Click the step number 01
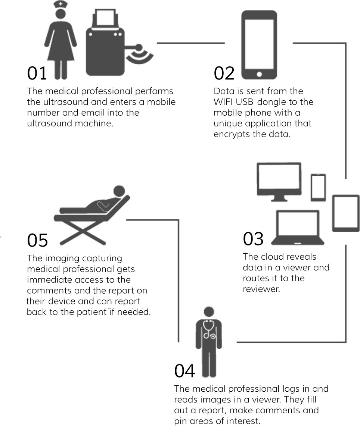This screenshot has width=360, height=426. [x=37, y=73]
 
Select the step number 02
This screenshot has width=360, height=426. [x=224, y=73]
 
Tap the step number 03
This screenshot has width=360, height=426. [x=253, y=239]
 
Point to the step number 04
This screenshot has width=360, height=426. [x=184, y=371]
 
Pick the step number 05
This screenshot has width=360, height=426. [x=37, y=240]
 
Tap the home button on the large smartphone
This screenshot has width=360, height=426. [x=259, y=74]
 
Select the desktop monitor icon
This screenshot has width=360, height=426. [x=279, y=182]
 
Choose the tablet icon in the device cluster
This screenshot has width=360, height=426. [x=346, y=213]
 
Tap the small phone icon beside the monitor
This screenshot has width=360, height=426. [x=318, y=188]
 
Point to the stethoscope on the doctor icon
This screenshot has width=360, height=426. [x=209, y=329]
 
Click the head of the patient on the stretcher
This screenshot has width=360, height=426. [x=119, y=191]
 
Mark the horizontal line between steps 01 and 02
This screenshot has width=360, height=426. [x=191, y=43]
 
